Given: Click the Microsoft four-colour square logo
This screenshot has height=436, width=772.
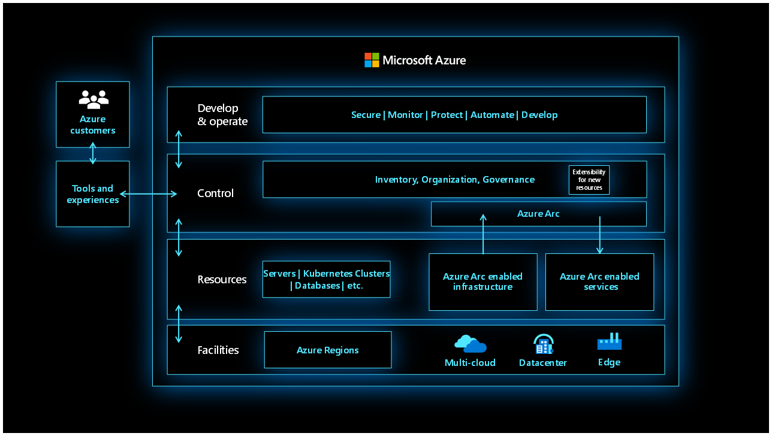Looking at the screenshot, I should point(372,60).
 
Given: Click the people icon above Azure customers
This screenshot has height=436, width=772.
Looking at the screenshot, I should point(94,99).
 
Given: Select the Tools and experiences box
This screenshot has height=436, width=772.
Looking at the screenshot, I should point(93,194).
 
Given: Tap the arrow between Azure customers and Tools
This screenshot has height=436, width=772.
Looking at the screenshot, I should point(92,153).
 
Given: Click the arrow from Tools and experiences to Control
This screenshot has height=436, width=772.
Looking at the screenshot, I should point(149,193).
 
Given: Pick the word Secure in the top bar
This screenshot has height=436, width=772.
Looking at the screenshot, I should point(366,115).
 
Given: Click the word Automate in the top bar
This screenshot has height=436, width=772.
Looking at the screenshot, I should point(492,115).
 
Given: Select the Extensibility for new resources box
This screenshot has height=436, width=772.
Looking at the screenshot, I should point(589,180).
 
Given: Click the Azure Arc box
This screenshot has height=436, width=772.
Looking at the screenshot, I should point(538,214).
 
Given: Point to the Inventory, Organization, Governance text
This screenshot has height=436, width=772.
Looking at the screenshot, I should point(454,180).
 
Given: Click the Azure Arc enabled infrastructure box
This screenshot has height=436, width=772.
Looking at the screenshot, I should point(482,281).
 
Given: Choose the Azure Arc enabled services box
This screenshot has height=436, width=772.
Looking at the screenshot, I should point(599,281).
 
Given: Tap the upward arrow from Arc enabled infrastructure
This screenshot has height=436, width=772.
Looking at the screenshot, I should point(483,234).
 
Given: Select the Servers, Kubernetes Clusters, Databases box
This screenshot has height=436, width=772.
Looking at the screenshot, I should point(326,279).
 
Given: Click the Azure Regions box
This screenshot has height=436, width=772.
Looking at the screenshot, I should point(327,350).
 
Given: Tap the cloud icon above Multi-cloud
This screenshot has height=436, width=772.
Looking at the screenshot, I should point(470,344).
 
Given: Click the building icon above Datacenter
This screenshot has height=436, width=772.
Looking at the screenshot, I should point(543,344).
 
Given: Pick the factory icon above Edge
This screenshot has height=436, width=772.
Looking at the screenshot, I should point(609,342).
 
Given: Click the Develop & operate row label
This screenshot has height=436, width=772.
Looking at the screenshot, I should point(222,115).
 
